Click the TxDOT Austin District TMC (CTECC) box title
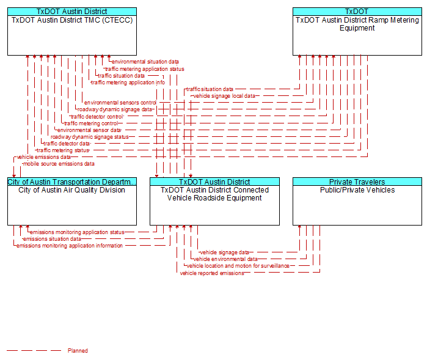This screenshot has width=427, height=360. (72, 20)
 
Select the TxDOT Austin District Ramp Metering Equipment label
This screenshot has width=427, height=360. (357, 24)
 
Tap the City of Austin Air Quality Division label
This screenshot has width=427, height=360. (71, 190)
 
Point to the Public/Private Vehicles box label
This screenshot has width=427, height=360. (357, 190)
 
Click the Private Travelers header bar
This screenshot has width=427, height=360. (357, 182)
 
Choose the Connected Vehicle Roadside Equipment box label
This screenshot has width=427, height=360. (214, 194)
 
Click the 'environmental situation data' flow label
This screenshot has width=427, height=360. (145, 62)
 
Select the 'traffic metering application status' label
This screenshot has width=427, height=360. (145, 69)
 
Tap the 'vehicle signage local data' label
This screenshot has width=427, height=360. (224, 96)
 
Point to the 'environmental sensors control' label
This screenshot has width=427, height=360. (120, 103)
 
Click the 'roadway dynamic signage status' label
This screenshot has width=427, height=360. (90, 137)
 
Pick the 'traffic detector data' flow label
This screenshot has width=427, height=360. (67, 144)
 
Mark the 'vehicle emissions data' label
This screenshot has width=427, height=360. (43, 157)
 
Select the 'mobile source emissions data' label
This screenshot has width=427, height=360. (59, 164)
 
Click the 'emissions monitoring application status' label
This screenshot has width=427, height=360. (77, 232)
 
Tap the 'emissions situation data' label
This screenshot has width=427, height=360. (52, 239)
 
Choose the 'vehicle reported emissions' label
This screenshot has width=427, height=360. (212, 273)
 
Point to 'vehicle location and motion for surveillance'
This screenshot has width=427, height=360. (238, 266)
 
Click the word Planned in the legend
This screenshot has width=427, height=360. (78, 351)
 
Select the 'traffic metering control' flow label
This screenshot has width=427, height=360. (91, 123)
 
